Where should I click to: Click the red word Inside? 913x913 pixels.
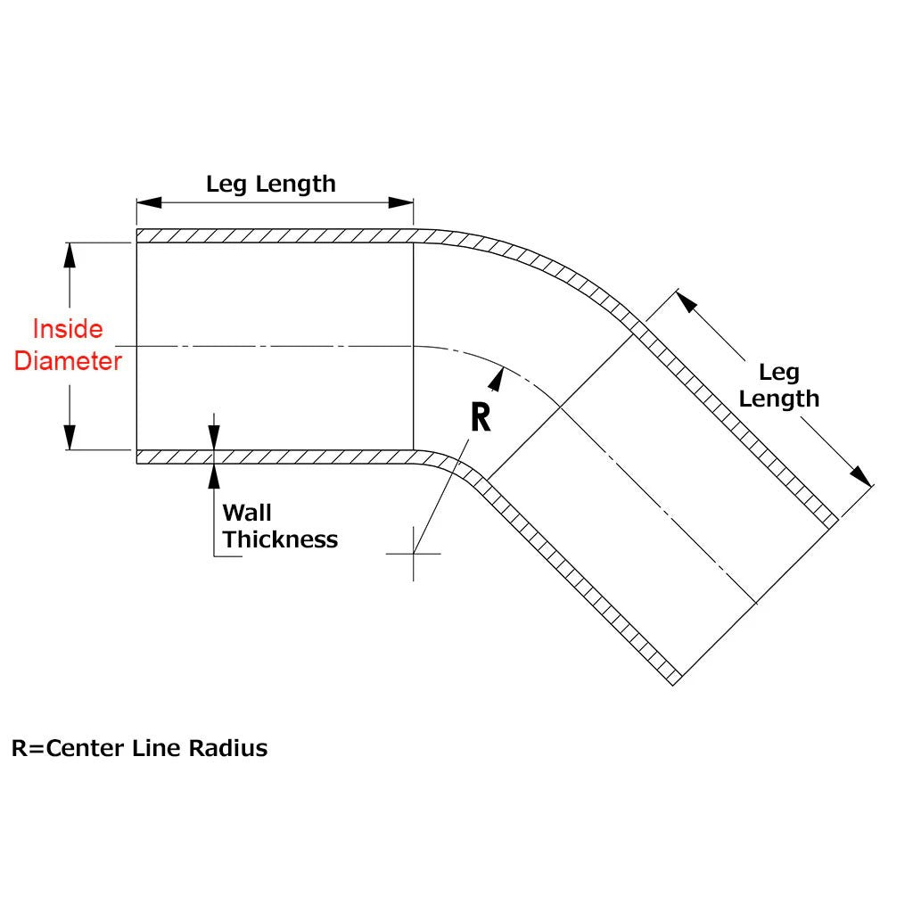click(x=68, y=329)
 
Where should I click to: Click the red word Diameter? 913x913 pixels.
click(x=68, y=361)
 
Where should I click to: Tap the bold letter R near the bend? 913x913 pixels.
click(x=481, y=416)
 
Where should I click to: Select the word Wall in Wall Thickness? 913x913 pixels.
click(x=247, y=513)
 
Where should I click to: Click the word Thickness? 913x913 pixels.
click(x=280, y=539)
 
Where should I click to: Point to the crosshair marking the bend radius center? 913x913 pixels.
click(x=414, y=554)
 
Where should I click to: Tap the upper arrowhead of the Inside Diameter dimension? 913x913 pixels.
click(x=70, y=253)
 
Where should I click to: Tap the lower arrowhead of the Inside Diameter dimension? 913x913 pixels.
click(x=70, y=439)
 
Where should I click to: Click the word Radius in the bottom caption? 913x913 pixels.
click(x=227, y=747)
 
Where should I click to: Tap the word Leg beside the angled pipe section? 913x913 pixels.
click(x=778, y=372)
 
